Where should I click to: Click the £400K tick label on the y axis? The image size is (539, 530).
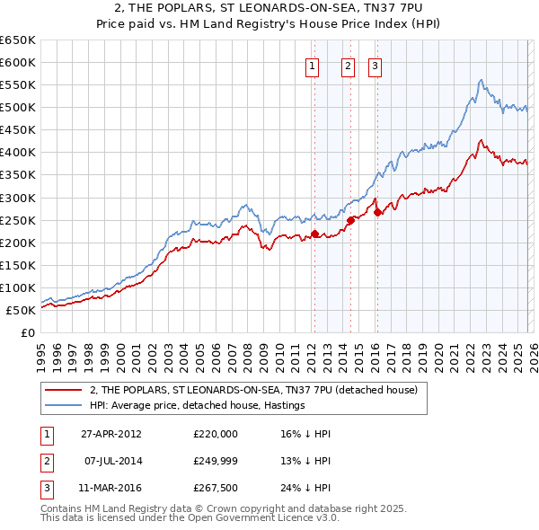click(x=18, y=152)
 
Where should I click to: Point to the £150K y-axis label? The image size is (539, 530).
click(x=18, y=265)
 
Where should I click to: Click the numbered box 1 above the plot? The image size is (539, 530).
click(x=312, y=65)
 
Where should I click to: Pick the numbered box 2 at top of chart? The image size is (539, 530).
click(x=348, y=65)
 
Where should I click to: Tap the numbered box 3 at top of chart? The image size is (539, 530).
click(x=375, y=65)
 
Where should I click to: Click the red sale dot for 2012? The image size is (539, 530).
click(x=315, y=234)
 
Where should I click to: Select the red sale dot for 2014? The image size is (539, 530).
click(x=350, y=219)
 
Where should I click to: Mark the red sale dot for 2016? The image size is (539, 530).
click(x=377, y=212)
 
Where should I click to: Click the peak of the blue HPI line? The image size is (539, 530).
click(x=482, y=80)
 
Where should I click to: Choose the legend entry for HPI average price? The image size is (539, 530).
click(x=198, y=405)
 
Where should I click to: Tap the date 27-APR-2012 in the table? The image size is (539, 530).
click(x=110, y=433)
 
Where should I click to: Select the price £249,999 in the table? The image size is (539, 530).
click(x=216, y=461)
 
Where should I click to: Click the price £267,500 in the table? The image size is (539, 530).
click(x=216, y=489)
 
